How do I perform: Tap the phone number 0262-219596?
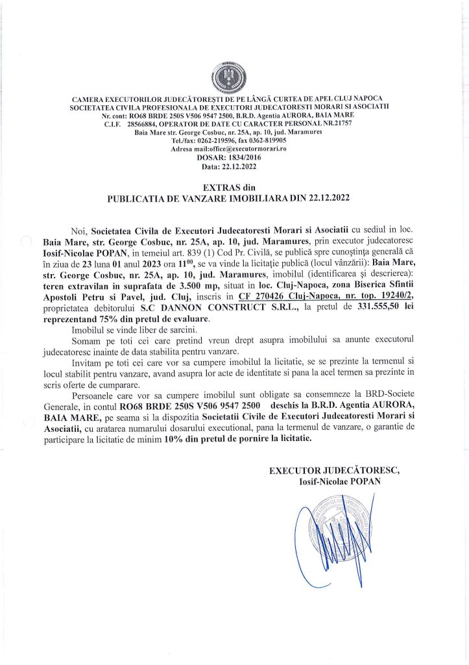click(208, 140)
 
